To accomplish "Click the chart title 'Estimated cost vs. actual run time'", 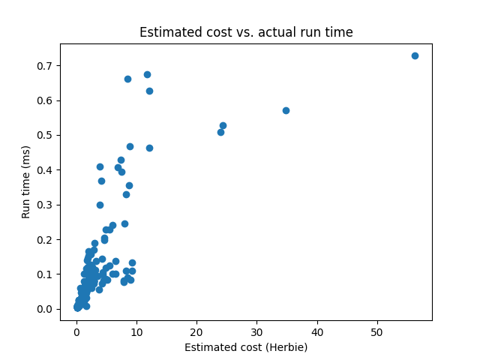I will [x=246, y=32].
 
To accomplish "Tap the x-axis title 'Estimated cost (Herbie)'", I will [x=246, y=347].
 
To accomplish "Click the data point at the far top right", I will [x=415, y=55].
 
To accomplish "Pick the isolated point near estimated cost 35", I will [x=286, y=110].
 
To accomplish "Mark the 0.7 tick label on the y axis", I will [x=46, y=66].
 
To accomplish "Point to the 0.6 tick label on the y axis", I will [x=46, y=100].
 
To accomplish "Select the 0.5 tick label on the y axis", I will [x=46, y=135].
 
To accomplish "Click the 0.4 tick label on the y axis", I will [x=46, y=170].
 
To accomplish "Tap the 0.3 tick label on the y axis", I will [x=46, y=205].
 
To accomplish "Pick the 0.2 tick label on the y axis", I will [x=46, y=239].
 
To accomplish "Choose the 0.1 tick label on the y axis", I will [x=46, y=274].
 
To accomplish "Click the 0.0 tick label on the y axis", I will [x=46, y=309].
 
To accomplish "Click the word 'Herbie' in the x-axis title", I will [x=287, y=347].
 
